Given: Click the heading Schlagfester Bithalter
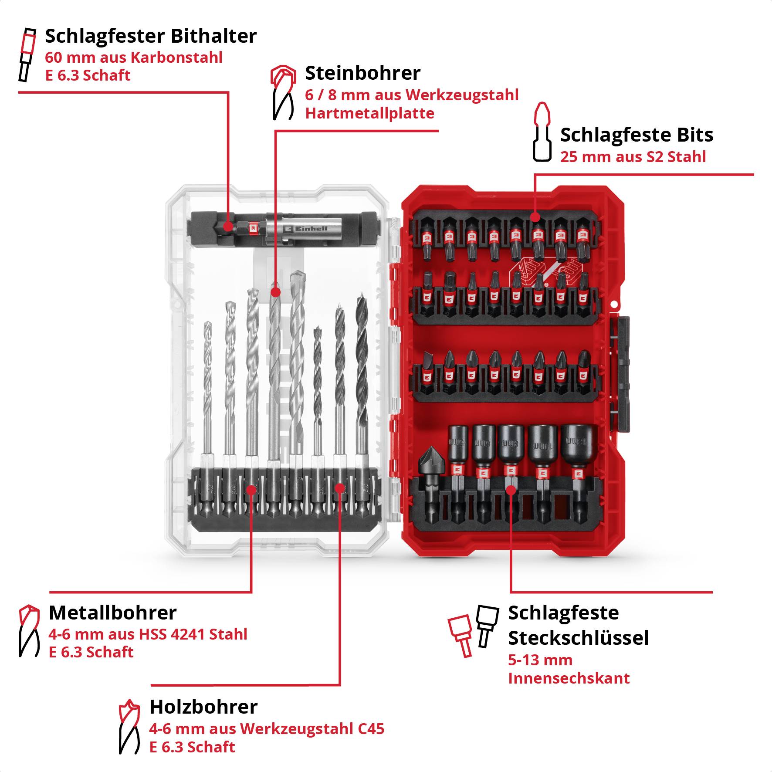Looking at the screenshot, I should click(x=151, y=36).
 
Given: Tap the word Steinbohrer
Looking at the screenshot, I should click(x=362, y=73).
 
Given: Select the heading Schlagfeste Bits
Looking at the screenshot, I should click(x=637, y=135).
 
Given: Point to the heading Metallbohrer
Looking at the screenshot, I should click(x=112, y=613).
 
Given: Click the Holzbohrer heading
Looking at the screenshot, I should click(x=203, y=707).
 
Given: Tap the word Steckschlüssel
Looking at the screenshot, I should click(x=578, y=638).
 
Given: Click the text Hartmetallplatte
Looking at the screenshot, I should click(x=369, y=113).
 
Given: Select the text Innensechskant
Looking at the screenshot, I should click(x=569, y=678).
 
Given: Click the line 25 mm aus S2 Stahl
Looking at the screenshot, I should click(x=633, y=157).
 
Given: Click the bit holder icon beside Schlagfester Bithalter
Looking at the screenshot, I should click(x=27, y=54).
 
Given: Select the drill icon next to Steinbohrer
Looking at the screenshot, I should click(x=282, y=92).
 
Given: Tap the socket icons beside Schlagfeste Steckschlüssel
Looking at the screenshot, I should click(x=473, y=629).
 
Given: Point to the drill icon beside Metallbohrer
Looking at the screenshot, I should click(x=29, y=630).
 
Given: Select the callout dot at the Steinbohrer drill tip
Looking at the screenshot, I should click(x=275, y=292).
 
